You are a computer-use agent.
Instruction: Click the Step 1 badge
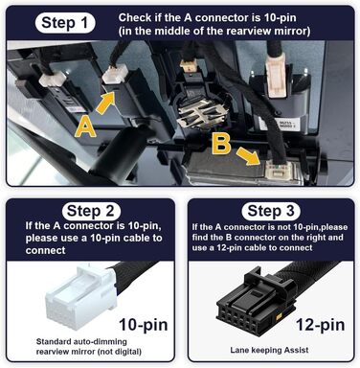pos(65,23)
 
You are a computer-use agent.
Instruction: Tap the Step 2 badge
pos(91,211)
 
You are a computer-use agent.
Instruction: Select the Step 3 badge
pos(271,211)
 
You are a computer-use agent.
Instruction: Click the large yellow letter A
pos(85,126)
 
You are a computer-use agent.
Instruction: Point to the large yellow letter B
pos(221,144)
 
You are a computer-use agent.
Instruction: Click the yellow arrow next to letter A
pos(105,103)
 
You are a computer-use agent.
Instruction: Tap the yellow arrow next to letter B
pos(249,155)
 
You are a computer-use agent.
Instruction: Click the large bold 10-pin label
pos(144,325)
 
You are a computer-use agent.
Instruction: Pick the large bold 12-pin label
pos(320,325)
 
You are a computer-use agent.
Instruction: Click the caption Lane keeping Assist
pos(269,350)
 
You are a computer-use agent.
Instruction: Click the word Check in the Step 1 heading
pos(135,18)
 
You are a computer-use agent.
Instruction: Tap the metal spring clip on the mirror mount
pos(202,114)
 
